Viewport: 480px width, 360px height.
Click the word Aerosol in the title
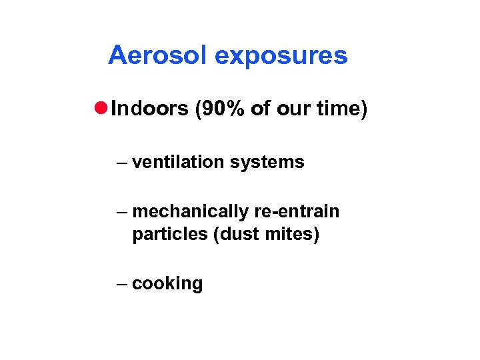158,55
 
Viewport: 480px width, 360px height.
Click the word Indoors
150,109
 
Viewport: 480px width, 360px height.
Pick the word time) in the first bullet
341,109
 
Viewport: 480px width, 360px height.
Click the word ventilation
175,162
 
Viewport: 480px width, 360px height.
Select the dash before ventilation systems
121,163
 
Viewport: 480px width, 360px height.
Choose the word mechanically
191,213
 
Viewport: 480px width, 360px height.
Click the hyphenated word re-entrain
297,212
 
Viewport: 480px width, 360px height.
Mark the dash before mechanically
121,213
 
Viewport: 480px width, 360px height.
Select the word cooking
167,284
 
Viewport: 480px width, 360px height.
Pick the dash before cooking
121,283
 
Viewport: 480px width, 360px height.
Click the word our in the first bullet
291,109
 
